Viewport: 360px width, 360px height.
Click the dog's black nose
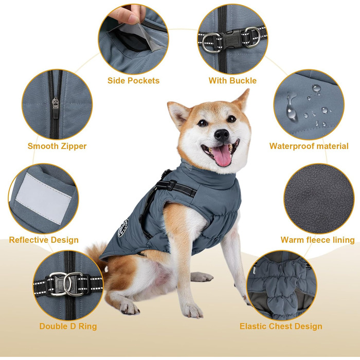point(222,135)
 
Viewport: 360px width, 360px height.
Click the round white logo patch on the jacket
point(123,228)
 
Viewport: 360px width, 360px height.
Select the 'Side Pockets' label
point(133,81)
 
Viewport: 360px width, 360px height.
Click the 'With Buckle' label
point(232,81)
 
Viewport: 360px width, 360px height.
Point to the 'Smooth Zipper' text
point(57,146)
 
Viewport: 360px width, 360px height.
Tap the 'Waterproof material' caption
point(309,146)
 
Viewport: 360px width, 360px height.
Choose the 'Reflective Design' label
point(44,240)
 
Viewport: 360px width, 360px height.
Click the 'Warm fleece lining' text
point(317,240)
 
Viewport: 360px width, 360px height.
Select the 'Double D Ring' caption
point(68,326)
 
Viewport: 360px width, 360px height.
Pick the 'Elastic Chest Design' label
point(281,326)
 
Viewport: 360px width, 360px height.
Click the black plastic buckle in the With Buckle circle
point(232,38)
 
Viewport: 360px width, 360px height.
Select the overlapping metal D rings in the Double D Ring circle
point(67,284)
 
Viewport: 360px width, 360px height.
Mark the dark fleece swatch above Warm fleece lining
point(319,199)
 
